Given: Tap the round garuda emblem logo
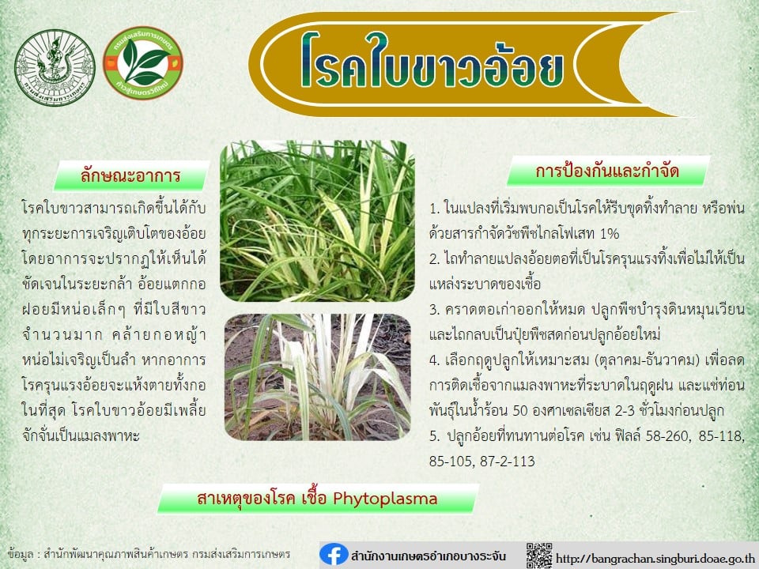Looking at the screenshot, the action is [55, 67].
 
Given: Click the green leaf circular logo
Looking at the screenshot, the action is [143, 63].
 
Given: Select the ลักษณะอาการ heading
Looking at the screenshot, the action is [130, 175].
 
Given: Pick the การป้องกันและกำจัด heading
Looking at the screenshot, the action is [607, 171].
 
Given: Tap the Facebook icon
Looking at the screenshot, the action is [334, 555].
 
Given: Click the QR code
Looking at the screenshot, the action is [538, 556].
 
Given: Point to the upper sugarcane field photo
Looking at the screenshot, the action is [317, 220].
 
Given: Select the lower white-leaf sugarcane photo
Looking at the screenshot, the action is [318, 377].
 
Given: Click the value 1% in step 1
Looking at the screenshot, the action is [610, 234].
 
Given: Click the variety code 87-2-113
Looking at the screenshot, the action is [508, 461].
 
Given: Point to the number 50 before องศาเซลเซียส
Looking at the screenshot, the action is [519, 410].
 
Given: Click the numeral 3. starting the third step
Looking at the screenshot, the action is [435, 310].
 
